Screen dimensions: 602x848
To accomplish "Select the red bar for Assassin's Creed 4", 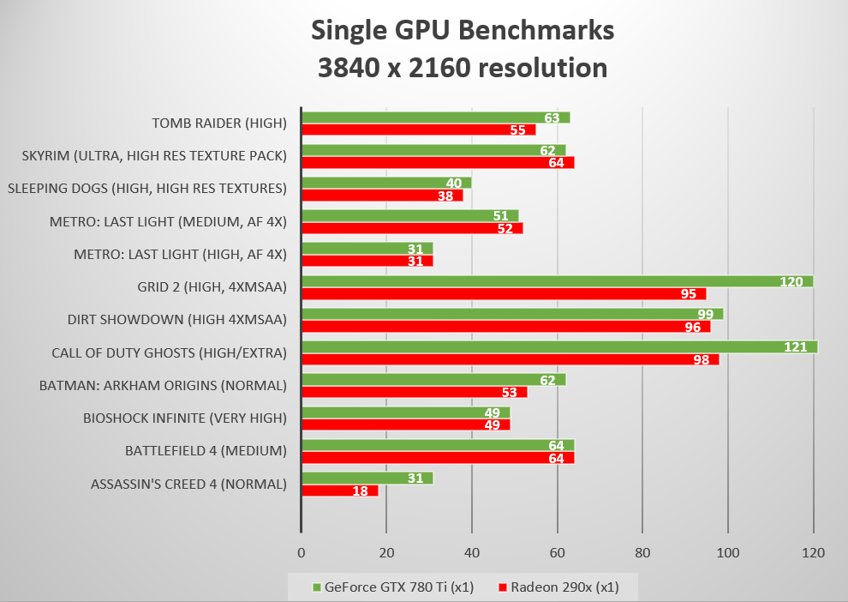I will [338, 491].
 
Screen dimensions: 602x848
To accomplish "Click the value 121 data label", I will [796, 346].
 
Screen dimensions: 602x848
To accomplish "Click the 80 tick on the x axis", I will [642, 553].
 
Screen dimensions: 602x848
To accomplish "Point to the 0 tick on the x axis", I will [301, 553].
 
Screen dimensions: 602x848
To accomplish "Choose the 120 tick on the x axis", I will [813, 553].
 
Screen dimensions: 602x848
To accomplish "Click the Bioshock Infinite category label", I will [184, 418].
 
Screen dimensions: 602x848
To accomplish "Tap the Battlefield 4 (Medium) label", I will [206, 450].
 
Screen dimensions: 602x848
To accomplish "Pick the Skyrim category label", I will [155, 156].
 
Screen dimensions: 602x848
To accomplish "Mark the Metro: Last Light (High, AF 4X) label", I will [180, 254].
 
